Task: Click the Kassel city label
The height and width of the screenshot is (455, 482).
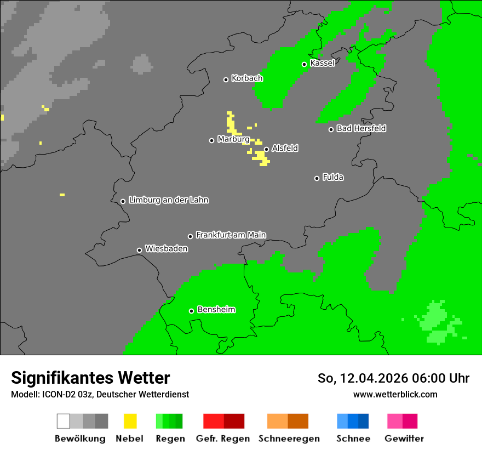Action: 322,63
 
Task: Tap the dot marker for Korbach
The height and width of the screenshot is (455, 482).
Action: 226,79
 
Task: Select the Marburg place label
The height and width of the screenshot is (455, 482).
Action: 233,139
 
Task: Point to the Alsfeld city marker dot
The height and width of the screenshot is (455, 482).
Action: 266,149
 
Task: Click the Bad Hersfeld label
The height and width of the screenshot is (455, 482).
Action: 361,128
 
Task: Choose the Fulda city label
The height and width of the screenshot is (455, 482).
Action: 333,177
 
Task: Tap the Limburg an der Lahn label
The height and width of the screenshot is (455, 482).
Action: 168,200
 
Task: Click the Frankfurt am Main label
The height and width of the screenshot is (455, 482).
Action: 231,235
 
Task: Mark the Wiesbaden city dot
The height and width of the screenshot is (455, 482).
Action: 139,250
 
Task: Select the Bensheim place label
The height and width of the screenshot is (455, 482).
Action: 216,309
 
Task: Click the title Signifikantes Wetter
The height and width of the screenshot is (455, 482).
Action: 90,378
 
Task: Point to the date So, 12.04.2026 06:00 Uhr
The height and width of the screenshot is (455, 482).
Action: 393,378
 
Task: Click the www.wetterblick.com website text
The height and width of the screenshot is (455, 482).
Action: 395,394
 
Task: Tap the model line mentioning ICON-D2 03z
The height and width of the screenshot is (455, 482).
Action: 100,394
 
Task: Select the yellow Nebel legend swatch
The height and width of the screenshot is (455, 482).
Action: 130,421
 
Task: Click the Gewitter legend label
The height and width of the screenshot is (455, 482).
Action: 404,439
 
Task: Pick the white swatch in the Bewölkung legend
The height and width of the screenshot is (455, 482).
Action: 64,421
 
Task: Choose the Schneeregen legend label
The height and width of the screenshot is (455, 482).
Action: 289,439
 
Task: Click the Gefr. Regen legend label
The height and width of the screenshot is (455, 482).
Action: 223,439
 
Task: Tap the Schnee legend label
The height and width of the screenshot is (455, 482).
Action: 353,439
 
